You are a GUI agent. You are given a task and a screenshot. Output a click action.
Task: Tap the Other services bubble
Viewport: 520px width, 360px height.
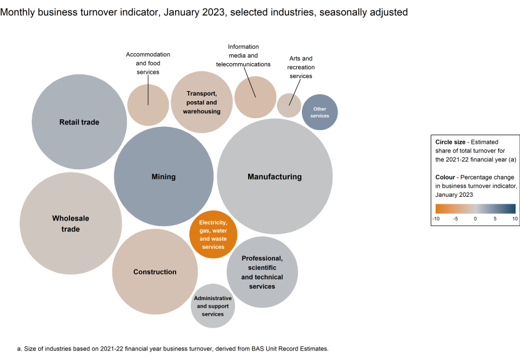tap(319, 112)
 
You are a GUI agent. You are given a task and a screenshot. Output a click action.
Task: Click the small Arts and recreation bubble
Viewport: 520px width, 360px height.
tap(289, 106)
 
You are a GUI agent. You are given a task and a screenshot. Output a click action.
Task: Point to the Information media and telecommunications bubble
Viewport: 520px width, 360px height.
tap(255, 97)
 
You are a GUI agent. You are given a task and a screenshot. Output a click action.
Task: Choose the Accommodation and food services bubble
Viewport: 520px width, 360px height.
tap(148, 105)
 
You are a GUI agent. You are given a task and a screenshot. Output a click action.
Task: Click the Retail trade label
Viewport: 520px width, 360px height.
tap(79, 122)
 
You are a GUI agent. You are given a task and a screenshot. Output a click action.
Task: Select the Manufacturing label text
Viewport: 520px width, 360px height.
tap(274, 177)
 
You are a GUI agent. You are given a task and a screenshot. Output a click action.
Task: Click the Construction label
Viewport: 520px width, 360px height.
tap(155, 272)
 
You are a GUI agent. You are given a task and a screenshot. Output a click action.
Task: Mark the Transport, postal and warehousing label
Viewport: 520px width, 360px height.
tap(201, 102)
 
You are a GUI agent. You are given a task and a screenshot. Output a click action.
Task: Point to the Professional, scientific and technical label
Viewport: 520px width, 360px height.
tap(262, 272)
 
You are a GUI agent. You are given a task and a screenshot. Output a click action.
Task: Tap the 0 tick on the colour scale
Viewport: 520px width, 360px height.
tap(475, 219)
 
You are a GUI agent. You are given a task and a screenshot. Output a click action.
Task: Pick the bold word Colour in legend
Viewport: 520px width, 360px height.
tap(447, 177)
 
